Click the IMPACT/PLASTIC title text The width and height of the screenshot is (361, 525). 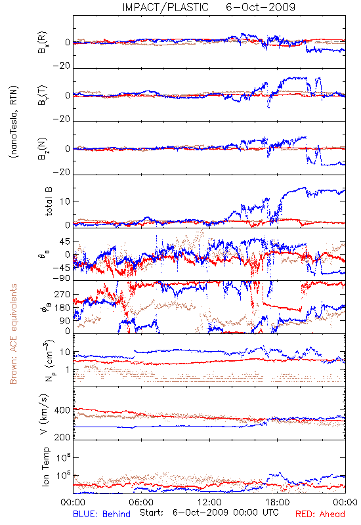coord(165,7)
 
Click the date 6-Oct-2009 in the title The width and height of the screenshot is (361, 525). coord(261,7)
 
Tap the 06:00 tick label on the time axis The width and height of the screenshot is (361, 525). coord(141,502)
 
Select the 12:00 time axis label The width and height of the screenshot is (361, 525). coord(209,502)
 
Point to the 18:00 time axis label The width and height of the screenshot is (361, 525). coord(278,502)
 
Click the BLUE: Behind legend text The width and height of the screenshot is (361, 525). coord(102,514)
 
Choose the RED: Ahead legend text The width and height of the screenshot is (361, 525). coord(320,514)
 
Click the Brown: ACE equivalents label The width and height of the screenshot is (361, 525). coord(13,334)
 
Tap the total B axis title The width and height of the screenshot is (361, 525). coord(49,201)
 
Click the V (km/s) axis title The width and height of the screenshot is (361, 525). coord(44,414)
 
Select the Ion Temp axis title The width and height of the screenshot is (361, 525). coord(45,467)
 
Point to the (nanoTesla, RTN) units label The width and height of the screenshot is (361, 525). coord(14,122)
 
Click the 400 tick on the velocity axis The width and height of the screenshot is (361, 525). coord(62,410)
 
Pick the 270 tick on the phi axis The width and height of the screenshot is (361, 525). coord(62,295)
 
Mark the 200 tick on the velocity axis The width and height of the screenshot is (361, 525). coord(62,437)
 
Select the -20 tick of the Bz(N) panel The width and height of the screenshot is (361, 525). coord(61,172)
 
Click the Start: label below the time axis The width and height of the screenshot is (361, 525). coord(152,513)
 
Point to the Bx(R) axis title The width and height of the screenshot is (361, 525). coord(43,43)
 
